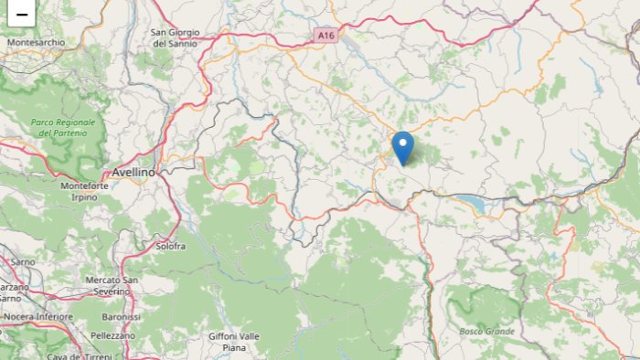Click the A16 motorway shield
326,35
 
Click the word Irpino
83,197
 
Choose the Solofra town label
170,246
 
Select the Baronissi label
122,316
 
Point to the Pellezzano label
112,336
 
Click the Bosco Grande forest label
486,331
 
